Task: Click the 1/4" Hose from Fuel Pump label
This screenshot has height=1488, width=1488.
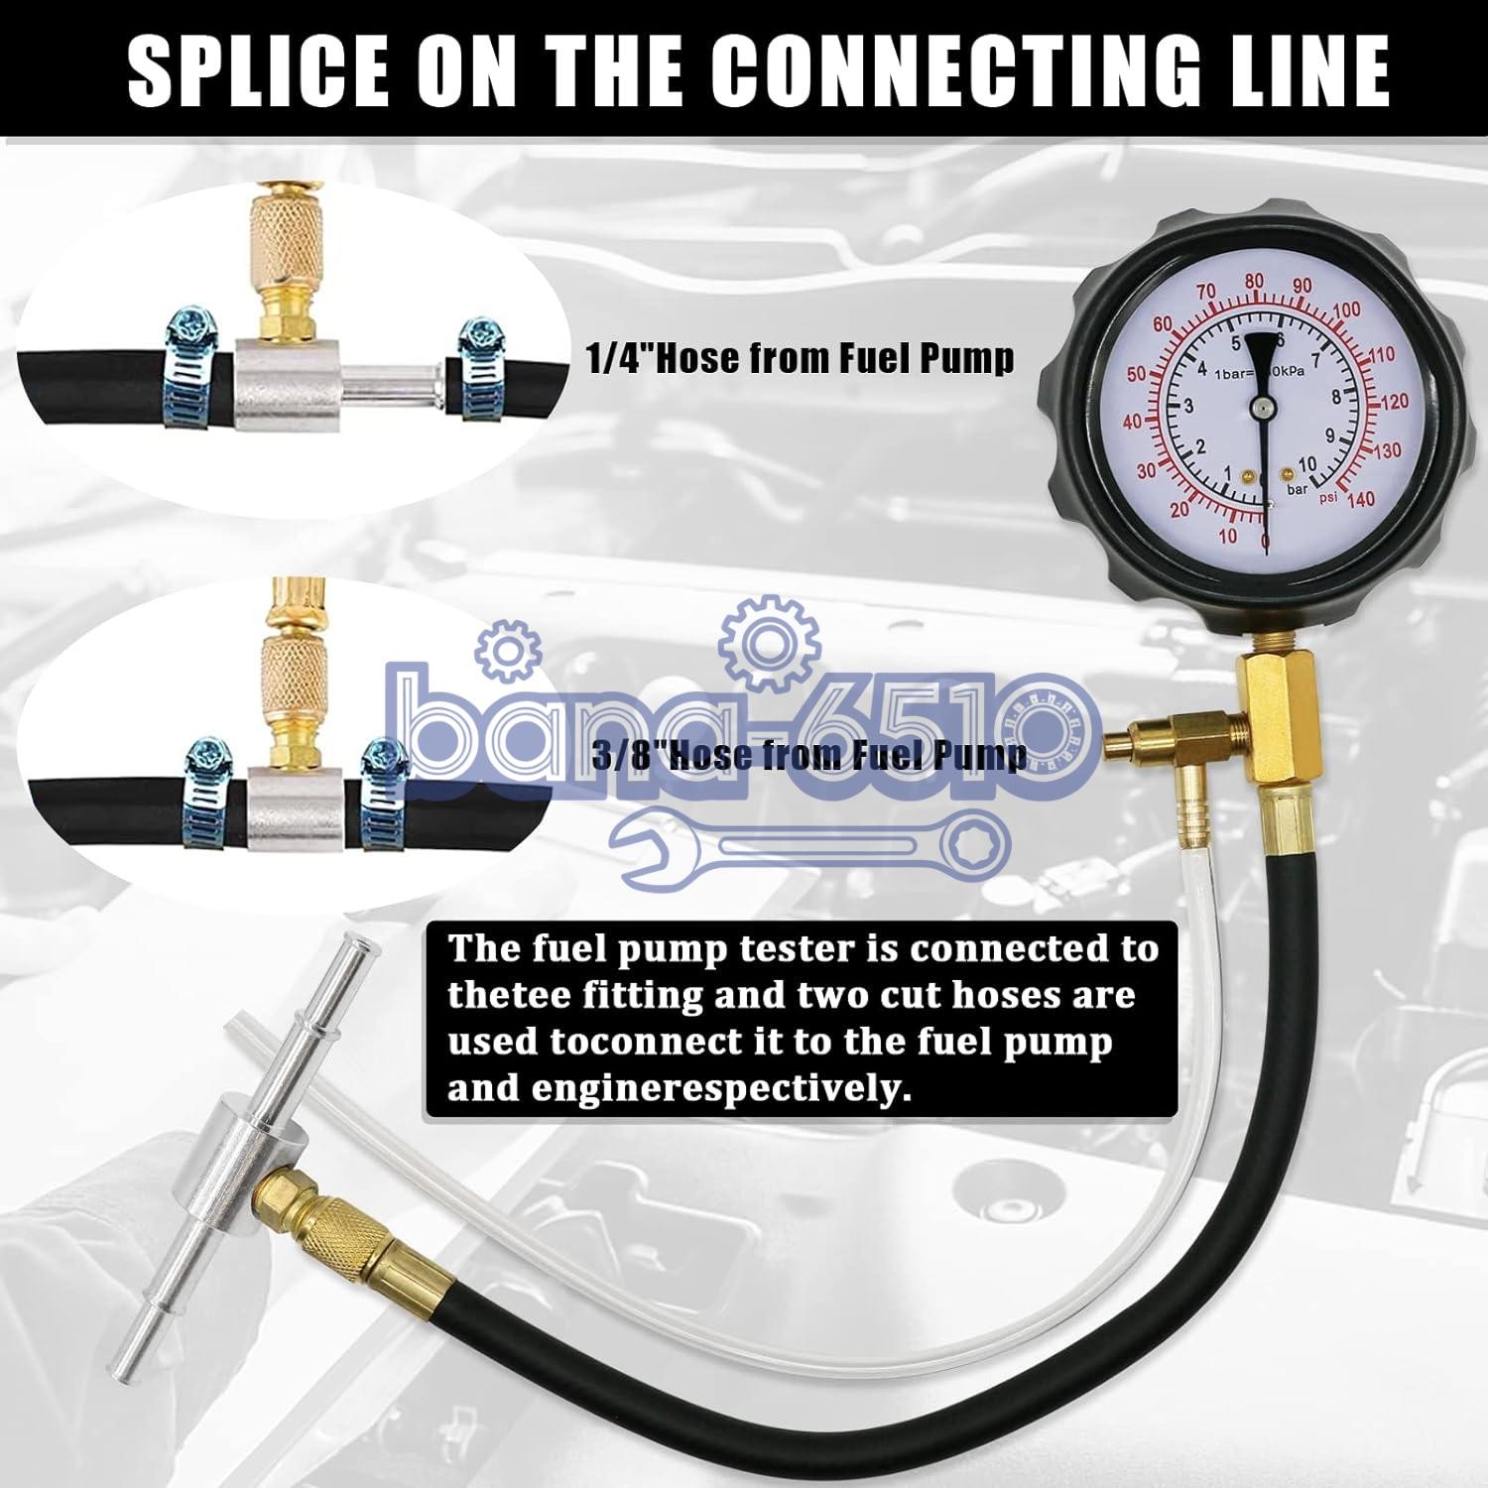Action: [801, 358]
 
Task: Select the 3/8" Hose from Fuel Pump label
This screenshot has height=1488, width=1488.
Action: [808, 756]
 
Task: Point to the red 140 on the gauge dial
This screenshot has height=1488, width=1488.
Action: [1361, 499]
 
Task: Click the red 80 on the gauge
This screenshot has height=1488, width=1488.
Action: [1255, 282]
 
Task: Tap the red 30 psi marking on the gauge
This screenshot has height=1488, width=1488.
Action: [1146, 471]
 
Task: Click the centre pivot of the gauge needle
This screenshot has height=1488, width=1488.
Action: [1262, 406]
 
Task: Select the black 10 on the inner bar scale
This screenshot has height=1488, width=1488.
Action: [1307, 464]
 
